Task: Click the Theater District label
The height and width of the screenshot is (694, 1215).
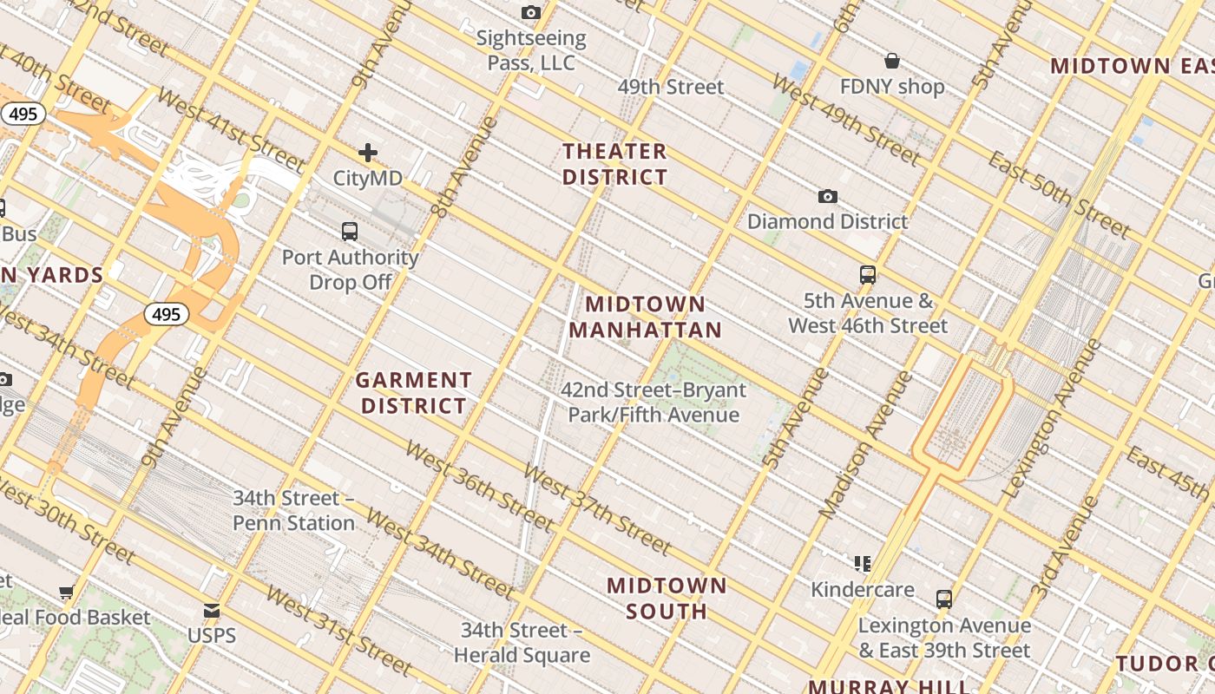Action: [x=614, y=164]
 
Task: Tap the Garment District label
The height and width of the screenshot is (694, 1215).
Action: [x=414, y=393]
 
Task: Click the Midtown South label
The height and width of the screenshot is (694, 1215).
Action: [x=667, y=598]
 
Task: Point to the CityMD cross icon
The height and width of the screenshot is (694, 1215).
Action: [x=368, y=153]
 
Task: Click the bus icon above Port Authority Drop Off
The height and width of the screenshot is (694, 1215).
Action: [x=350, y=231]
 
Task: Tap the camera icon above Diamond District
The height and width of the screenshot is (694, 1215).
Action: [x=828, y=197]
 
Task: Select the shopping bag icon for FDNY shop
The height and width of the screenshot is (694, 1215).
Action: [x=891, y=61]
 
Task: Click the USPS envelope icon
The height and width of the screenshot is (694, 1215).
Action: [x=212, y=611]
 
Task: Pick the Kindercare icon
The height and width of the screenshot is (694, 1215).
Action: [x=862, y=564]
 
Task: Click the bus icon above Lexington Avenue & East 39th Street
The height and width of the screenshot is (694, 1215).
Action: [x=944, y=599]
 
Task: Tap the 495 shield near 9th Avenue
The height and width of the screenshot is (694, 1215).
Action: [x=166, y=314]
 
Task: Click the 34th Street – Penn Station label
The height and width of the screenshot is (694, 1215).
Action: [x=293, y=511]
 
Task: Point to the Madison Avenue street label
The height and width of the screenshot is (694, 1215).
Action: [x=865, y=445]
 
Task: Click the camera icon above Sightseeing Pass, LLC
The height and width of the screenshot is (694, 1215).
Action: [x=531, y=12]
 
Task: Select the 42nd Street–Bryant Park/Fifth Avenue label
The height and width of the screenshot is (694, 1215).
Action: [x=653, y=403]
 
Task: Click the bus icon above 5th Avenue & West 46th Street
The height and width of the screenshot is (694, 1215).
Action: [x=867, y=275]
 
